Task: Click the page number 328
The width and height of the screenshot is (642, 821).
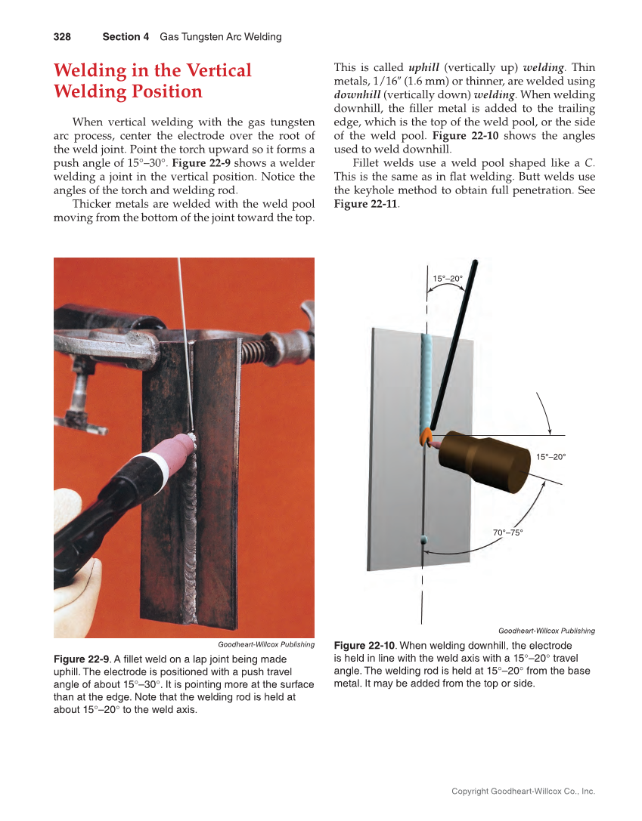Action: [62, 36]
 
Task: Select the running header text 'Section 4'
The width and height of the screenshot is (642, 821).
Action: [126, 36]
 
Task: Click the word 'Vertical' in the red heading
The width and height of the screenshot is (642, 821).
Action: [216, 71]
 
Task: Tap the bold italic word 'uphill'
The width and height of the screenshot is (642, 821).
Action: [423, 67]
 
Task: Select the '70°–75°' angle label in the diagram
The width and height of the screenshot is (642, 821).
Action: [507, 532]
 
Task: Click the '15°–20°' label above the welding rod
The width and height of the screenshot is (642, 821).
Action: [447, 279]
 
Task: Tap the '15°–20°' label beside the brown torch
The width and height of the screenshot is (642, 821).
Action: [551, 457]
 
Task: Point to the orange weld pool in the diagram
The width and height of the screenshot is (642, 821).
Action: [426, 435]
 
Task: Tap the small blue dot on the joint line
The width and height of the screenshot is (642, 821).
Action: [423, 540]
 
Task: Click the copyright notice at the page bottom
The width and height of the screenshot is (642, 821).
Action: [523, 792]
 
